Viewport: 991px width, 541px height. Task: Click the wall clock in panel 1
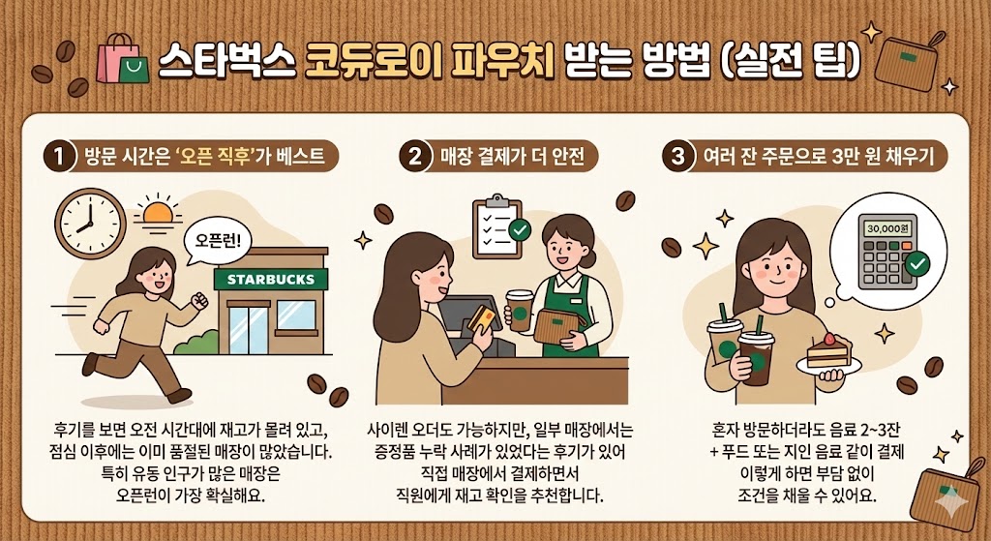90,224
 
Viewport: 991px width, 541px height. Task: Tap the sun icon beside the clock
158,212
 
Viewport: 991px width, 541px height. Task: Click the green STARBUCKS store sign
271,279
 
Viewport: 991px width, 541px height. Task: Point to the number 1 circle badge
59,156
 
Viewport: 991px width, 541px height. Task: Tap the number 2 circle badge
414,156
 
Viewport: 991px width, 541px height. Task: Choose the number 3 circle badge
677,156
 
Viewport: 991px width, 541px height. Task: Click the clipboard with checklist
498,226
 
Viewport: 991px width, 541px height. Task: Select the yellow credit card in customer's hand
481,317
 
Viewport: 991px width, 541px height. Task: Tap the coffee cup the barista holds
520,311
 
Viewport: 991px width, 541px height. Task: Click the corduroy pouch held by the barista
559,325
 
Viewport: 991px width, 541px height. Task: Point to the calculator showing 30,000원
887,251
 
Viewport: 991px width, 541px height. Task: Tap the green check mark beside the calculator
917,263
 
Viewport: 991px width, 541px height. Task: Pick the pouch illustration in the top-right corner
907,61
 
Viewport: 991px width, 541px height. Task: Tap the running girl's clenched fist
199,300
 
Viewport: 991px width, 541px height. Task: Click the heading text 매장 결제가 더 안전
512,156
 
